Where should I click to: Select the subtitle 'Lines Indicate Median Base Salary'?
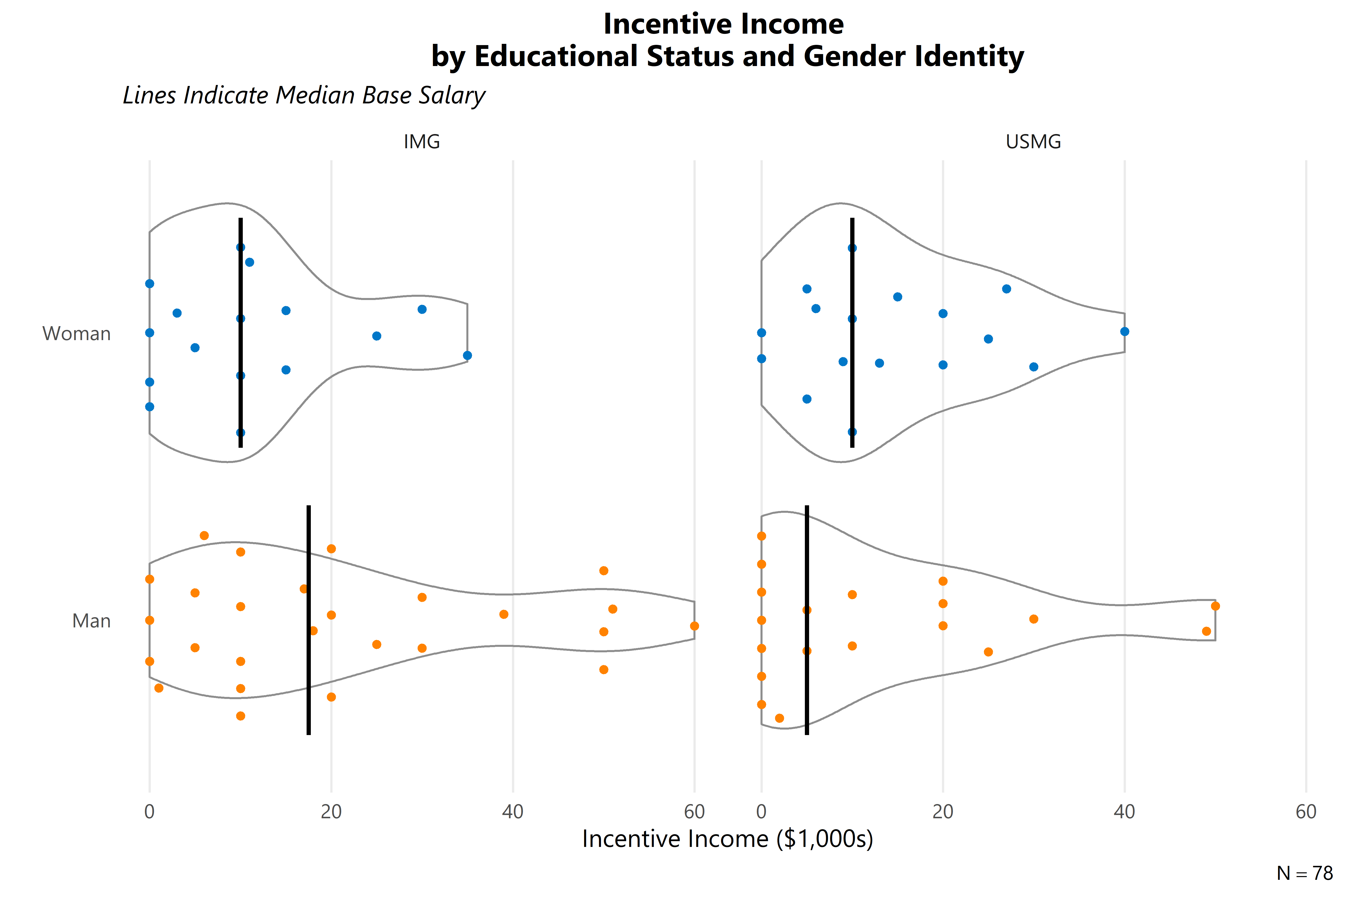coord(304,95)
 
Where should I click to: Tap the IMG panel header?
coord(422,141)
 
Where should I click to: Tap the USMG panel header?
coord(1033,141)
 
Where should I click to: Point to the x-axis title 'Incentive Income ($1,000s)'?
coord(727,839)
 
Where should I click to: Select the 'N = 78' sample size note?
coord(1304,873)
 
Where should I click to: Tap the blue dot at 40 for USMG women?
coord(1124,331)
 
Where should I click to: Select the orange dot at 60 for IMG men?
coord(694,626)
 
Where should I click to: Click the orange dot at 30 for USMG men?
coord(1033,619)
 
